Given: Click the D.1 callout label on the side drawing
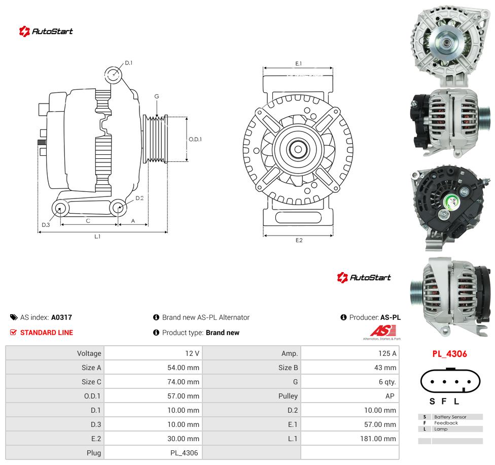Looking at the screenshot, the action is pyautogui.click(x=128, y=63).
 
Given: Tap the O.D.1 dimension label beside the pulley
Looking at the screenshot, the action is pyautogui.click(x=195, y=139).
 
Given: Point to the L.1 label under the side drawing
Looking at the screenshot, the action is pyautogui.click(x=97, y=236).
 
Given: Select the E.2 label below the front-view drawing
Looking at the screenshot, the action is pyautogui.click(x=299, y=241).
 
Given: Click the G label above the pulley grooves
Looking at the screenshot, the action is pyautogui.click(x=157, y=96).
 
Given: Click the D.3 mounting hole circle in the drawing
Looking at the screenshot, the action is pyautogui.click(x=60, y=209).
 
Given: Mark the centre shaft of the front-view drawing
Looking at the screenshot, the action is pyautogui.click(x=298, y=149).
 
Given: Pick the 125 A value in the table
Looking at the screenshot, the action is pyautogui.click(x=387, y=353).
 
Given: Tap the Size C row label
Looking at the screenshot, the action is pyautogui.click(x=91, y=382).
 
